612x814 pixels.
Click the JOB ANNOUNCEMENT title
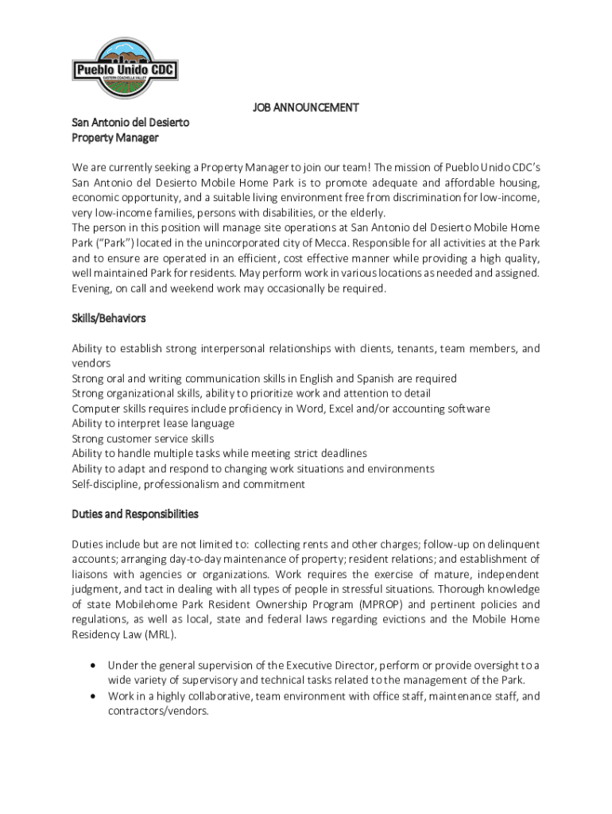coord(306,107)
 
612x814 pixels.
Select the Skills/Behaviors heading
coord(109,318)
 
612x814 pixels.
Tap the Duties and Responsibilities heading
coord(135,514)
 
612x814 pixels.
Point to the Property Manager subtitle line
coord(115,138)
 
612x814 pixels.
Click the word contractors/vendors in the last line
coord(158,711)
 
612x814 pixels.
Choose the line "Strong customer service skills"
coord(142,439)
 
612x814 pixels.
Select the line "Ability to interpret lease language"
coord(153,424)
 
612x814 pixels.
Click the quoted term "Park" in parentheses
coord(117,242)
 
